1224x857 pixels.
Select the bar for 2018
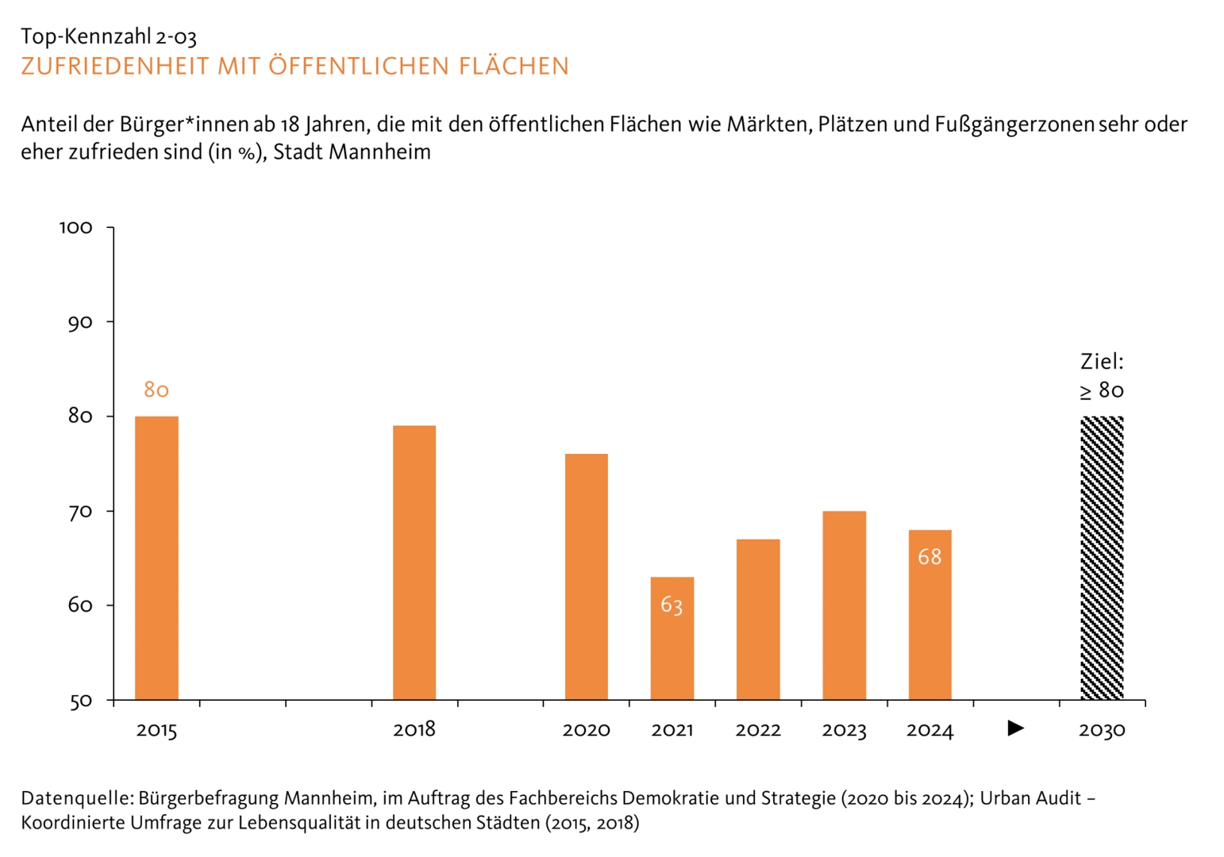414,563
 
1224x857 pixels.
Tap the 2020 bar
587,577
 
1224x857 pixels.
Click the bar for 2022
758,620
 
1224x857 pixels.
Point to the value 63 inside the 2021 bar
672,605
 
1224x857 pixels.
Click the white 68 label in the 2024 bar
930,557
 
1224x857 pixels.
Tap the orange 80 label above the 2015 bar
156,390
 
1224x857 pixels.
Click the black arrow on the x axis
1015,728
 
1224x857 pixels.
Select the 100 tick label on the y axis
76,228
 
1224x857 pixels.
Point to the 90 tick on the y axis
80,322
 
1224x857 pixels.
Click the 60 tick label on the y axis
80,605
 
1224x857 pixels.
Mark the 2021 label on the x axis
672,730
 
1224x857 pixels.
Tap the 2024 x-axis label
930,730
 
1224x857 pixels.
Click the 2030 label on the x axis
1102,730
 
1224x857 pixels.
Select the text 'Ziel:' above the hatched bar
1102,362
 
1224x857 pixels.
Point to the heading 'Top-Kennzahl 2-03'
109,37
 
